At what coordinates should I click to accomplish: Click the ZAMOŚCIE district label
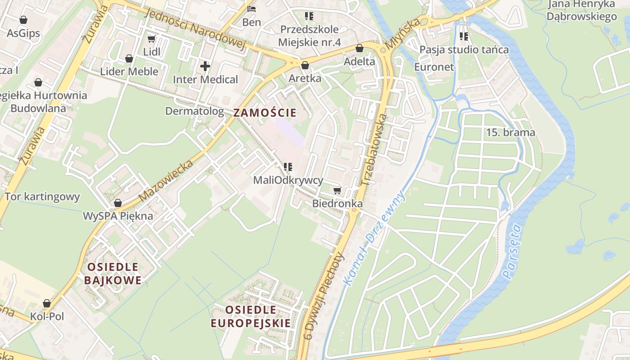tap(265, 112)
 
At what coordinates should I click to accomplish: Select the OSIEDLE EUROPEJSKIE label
tap(251, 316)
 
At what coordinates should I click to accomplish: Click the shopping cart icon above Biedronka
tap(337, 190)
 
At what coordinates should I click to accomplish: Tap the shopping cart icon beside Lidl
tap(152, 39)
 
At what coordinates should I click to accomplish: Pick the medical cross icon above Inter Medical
tap(205, 66)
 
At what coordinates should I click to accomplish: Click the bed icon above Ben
tap(252, 9)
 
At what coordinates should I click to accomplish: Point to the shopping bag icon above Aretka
tap(305, 65)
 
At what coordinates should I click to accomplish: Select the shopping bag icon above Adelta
tap(359, 48)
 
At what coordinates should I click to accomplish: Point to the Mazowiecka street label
tap(166, 180)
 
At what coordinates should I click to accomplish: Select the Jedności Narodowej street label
tap(195, 29)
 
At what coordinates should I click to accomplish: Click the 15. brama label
tap(511, 132)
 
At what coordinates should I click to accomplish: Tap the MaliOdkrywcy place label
tap(288, 180)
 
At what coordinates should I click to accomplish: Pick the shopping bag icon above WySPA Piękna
tap(118, 203)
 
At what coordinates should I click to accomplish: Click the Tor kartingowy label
tap(42, 197)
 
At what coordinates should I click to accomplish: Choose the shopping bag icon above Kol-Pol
tap(47, 303)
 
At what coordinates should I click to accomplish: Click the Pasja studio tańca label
tap(464, 49)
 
